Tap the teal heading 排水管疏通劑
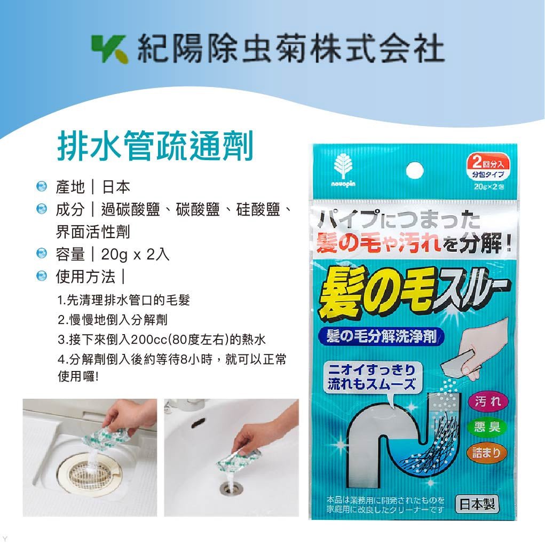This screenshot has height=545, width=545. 154,146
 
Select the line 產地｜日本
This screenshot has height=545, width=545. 93,187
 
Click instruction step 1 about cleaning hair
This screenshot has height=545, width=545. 123,300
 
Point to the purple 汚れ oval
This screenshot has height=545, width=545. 488,401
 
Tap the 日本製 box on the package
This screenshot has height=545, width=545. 476,504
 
